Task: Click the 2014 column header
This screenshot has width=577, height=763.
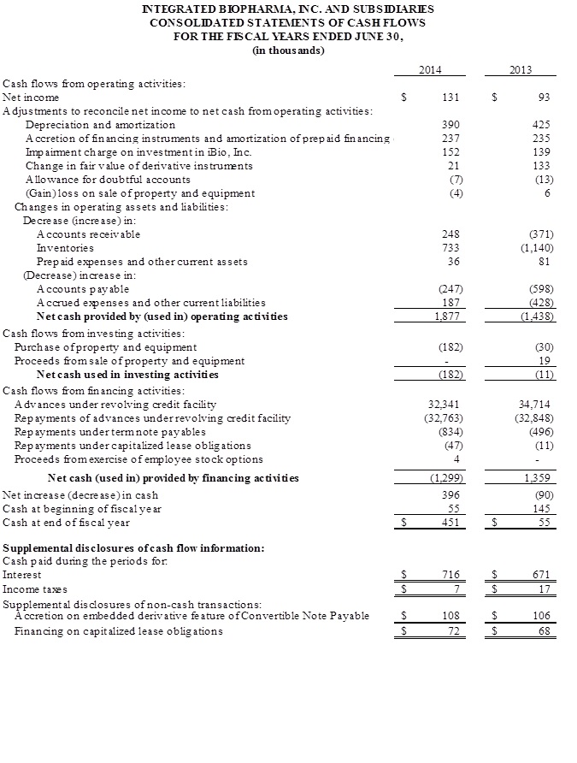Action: (430, 69)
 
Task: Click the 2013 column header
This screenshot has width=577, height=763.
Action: (521, 69)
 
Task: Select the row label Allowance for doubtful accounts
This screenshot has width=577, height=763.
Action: (108, 180)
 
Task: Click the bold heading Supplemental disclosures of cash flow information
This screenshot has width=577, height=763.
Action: (134, 547)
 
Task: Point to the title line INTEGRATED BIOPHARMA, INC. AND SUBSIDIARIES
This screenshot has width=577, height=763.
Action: (288, 9)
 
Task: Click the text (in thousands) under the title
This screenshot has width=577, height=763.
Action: (288, 50)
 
